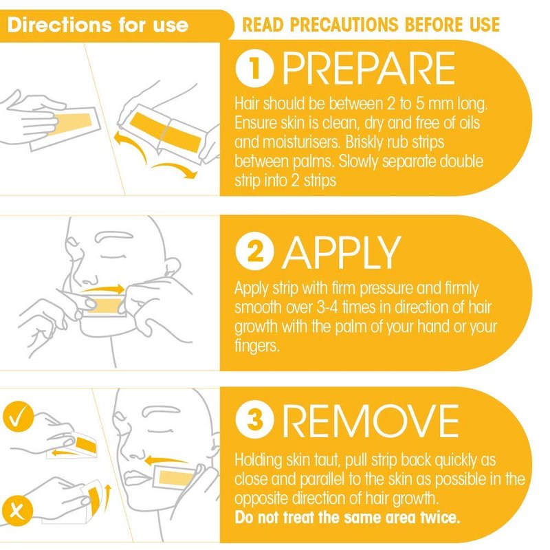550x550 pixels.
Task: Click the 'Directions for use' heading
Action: pos(98,25)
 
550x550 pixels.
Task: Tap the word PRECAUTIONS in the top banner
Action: pos(344,25)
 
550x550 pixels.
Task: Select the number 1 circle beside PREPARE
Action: pos(254,69)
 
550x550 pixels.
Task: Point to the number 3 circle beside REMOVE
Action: pos(254,419)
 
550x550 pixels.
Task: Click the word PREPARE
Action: pos(368,68)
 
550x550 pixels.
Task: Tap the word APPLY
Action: pos(342,252)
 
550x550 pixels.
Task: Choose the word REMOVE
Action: pos(371,420)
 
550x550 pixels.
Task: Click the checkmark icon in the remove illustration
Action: pos(19,417)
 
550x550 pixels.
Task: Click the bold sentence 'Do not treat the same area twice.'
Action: pos(347,518)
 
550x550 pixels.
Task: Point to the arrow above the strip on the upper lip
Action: pos(102,289)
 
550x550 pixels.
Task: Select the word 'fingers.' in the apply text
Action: pos(257,346)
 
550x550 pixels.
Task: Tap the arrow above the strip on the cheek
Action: pos(166,460)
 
